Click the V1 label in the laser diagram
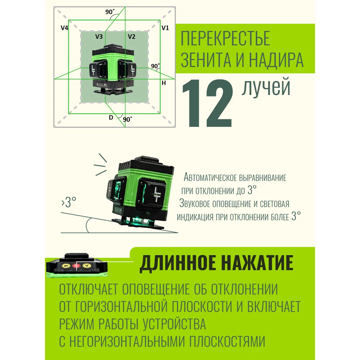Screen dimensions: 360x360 click(165, 28)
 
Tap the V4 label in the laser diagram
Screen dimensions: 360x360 click(64, 28)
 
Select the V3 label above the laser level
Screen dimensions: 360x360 click(99, 36)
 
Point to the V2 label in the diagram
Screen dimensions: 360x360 click(131, 36)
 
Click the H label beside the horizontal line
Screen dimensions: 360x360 click(164, 83)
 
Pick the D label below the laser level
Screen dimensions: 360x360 click(111, 118)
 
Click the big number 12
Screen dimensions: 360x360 click(207, 103)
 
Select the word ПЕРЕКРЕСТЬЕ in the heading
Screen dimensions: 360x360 click(225, 38)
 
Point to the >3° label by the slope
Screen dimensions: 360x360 click(69, 202)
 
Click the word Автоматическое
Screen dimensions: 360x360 click(210, 177)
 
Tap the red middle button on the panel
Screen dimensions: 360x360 click(76, 266)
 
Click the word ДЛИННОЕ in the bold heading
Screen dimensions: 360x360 click(178, 263)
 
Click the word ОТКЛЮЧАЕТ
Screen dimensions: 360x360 click(89, 289)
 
